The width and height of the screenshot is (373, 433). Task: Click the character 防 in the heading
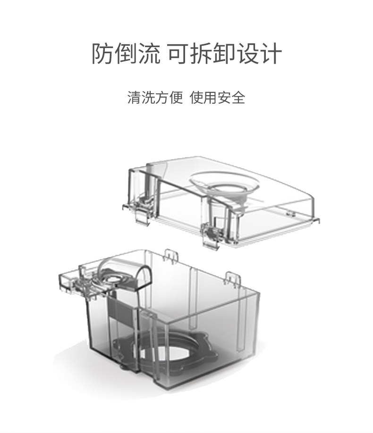pyautogui.click(x=102, y=54)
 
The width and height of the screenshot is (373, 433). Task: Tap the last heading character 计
pyautogui.click(x=272, y=54)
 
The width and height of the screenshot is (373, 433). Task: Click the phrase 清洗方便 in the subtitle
pyautogui.click(x=155, y=98)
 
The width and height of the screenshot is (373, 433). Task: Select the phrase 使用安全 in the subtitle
pyautogui.click(x=218, y=98)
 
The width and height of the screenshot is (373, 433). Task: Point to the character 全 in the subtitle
pyautogui.click(x=238, y=98)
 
